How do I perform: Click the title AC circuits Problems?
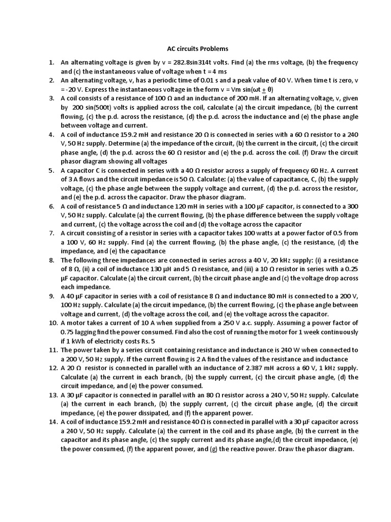coord(198,48)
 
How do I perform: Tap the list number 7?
coord(51,233)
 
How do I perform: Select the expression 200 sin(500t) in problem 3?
coord(92,108)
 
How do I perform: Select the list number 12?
coord(52,368)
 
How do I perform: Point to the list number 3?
coord(51,98)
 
